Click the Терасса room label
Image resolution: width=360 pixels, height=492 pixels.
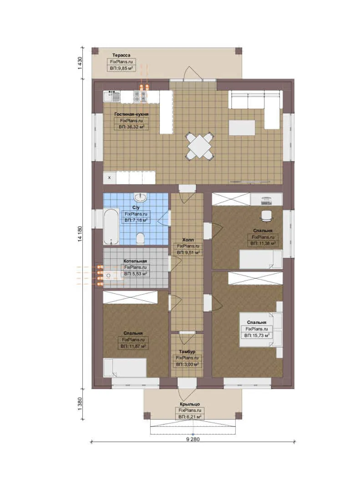[122, 55]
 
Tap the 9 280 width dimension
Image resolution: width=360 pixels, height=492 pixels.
[193, 439]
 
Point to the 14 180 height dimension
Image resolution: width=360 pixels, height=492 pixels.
[80, 234]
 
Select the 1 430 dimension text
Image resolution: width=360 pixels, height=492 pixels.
[80, 63]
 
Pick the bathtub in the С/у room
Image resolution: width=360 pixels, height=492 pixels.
[112, 226]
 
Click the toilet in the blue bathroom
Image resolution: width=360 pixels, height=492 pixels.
[141, 238]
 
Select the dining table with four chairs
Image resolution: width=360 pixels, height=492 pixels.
[200, 146]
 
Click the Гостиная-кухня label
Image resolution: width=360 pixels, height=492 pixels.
[132, 114]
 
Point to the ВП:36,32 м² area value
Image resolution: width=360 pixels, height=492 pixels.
[132, 127]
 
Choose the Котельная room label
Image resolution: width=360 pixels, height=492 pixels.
[135, 261]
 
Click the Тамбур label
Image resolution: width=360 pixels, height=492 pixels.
[187, 352]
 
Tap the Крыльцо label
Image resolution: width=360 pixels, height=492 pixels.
[190, 404]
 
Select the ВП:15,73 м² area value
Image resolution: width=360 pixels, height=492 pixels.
[257, 335]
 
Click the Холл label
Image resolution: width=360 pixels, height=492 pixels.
[188, 240]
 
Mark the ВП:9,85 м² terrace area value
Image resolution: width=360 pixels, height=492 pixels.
[122, 68]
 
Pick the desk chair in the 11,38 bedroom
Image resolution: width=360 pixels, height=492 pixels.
[267, 215]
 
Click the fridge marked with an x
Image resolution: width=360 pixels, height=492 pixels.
[110, 178]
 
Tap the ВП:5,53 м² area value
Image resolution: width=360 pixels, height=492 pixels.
[136, 274]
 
